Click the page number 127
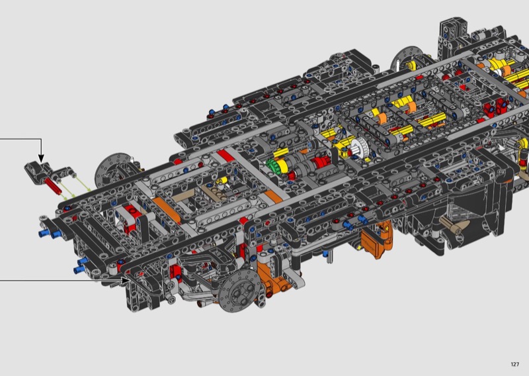(x=515, y=364)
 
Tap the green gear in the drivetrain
(x=272, y=165)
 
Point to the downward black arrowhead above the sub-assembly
(x=41, y=158)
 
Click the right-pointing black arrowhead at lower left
(x=126, y=280)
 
